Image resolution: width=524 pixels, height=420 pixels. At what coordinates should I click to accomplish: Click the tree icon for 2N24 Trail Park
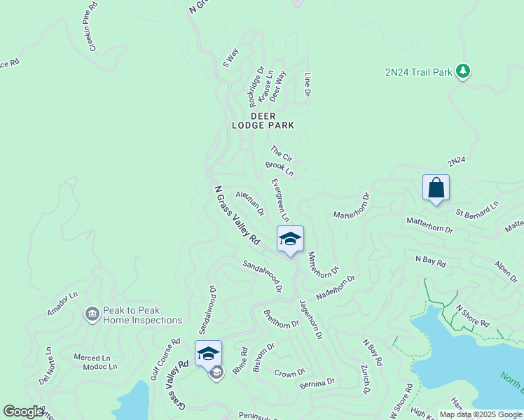click(462, 71)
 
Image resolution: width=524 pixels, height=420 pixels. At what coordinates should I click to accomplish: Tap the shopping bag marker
click(436, 188)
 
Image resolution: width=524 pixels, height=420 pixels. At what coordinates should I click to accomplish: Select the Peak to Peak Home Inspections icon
click(92, 314)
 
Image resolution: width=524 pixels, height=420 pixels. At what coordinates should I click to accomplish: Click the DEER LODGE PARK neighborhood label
click(263, 120)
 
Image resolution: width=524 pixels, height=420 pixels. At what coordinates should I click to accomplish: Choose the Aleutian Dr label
click(250, 202)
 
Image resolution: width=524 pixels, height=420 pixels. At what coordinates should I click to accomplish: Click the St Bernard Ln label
click(477, 209)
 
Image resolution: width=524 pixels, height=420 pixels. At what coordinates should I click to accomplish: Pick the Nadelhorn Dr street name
click(336, 286)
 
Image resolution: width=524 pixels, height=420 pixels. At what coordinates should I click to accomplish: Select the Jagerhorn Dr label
click(310, 320)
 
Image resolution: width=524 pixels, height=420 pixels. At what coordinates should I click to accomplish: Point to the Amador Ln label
click(62, 304)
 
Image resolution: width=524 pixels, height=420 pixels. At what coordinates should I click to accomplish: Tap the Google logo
click(23, 412)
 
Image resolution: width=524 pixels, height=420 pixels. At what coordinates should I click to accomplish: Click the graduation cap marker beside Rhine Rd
click(208, 353)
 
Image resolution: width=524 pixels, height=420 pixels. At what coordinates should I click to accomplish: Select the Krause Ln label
click(266, 90)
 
